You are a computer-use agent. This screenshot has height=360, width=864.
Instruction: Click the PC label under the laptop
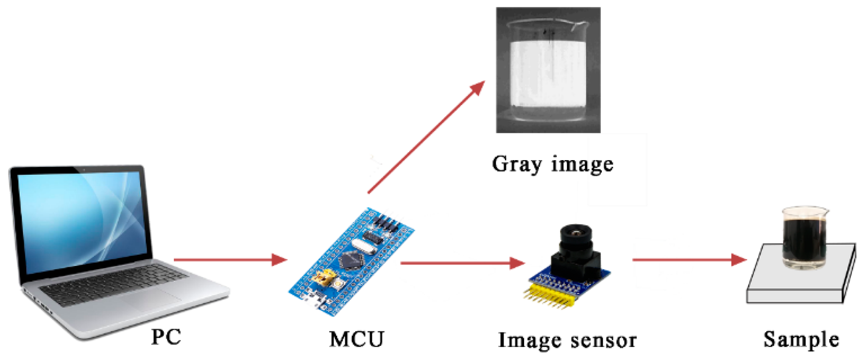[166, 337]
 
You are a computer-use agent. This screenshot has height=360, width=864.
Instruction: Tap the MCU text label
[356, 339]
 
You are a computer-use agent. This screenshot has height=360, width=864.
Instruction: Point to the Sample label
[801, 339]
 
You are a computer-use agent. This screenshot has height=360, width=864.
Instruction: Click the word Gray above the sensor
[517, 164]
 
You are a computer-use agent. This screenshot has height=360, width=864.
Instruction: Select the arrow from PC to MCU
[230, 260]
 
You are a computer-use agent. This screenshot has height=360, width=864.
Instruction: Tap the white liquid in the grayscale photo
[548, 73]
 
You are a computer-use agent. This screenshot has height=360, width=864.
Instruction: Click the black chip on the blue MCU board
[351, 260]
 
